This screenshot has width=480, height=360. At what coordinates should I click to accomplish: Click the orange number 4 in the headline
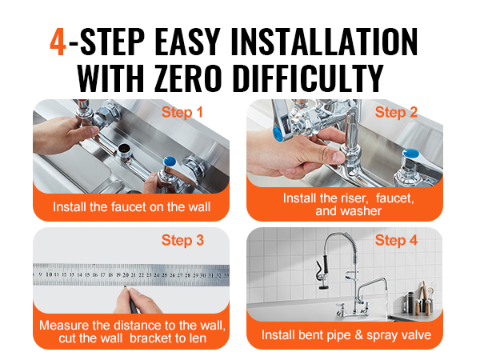[58, 42]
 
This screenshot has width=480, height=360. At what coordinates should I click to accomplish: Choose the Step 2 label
[396, 113]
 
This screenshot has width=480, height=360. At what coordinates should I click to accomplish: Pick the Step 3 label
[182, 240]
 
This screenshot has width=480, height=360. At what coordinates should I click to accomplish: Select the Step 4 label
[396, 240]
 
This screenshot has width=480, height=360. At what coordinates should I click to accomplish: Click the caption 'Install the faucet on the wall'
[131, 207]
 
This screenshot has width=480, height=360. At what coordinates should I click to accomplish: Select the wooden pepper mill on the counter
[423, 296]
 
